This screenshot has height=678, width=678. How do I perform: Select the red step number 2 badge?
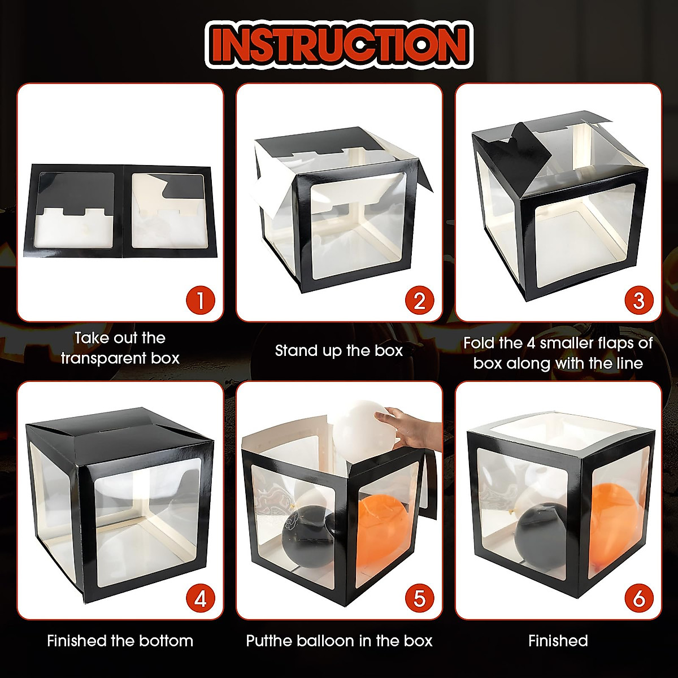pyautogui.click(x=419, y=300)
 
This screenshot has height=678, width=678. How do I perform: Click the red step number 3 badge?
pyautogui.click(x=638, y=300)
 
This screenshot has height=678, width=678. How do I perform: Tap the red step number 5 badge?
pyautogui.click(x=419, y=598)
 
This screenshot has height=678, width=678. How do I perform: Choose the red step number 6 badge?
pyautogui.click(x=638, y=598)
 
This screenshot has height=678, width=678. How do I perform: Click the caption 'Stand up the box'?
pyautogui.click(x=339, y=351)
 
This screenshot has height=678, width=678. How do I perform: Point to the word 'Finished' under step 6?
pyautogui.click(x=558, y=641)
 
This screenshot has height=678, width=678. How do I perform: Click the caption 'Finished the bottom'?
pyautogui.click(x=120, y=641)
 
